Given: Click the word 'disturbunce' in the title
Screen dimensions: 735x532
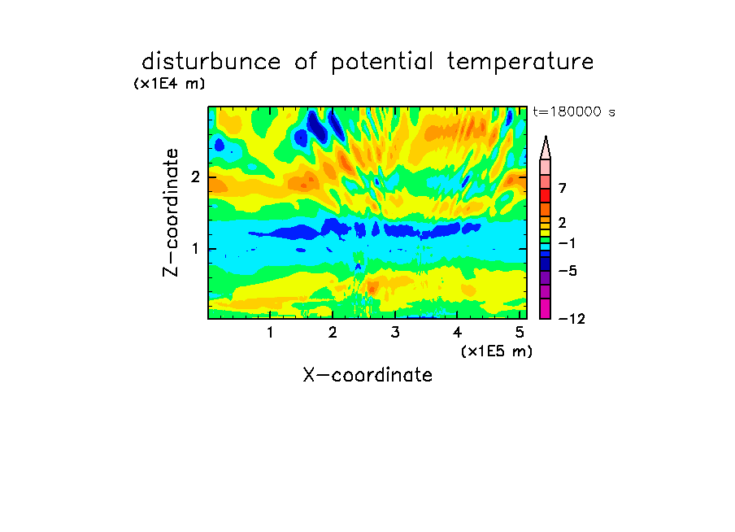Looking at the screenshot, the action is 211,62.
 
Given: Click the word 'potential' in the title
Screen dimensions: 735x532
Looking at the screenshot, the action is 382,63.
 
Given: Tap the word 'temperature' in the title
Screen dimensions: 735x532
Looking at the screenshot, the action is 520,63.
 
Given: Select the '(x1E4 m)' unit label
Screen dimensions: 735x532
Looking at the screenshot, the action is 169,84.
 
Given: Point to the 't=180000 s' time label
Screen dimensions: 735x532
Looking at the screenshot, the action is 574,111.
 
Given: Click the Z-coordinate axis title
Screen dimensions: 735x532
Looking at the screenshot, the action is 171,212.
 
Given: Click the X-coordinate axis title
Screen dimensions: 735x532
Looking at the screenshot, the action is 367,375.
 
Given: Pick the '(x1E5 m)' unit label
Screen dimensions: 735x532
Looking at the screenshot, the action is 497,351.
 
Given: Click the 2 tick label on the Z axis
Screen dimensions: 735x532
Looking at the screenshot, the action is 195,177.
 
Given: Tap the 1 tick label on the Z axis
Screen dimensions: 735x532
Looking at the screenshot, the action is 196,249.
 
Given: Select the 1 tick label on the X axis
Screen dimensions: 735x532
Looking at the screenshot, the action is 271,333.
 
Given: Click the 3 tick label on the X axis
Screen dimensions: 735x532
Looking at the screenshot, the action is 395,333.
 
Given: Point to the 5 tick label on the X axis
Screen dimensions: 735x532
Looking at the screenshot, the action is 520,333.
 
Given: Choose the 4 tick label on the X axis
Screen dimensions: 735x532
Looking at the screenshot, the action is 458,333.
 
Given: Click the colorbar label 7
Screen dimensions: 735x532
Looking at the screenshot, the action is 563,189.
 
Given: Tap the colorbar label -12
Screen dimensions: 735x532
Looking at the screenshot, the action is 572,319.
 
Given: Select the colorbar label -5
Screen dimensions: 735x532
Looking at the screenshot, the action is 568,271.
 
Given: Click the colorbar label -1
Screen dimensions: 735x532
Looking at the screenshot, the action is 568,243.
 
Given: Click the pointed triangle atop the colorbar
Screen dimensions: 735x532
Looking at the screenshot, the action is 546,147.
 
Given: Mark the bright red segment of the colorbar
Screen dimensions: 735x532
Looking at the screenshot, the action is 546,195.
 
